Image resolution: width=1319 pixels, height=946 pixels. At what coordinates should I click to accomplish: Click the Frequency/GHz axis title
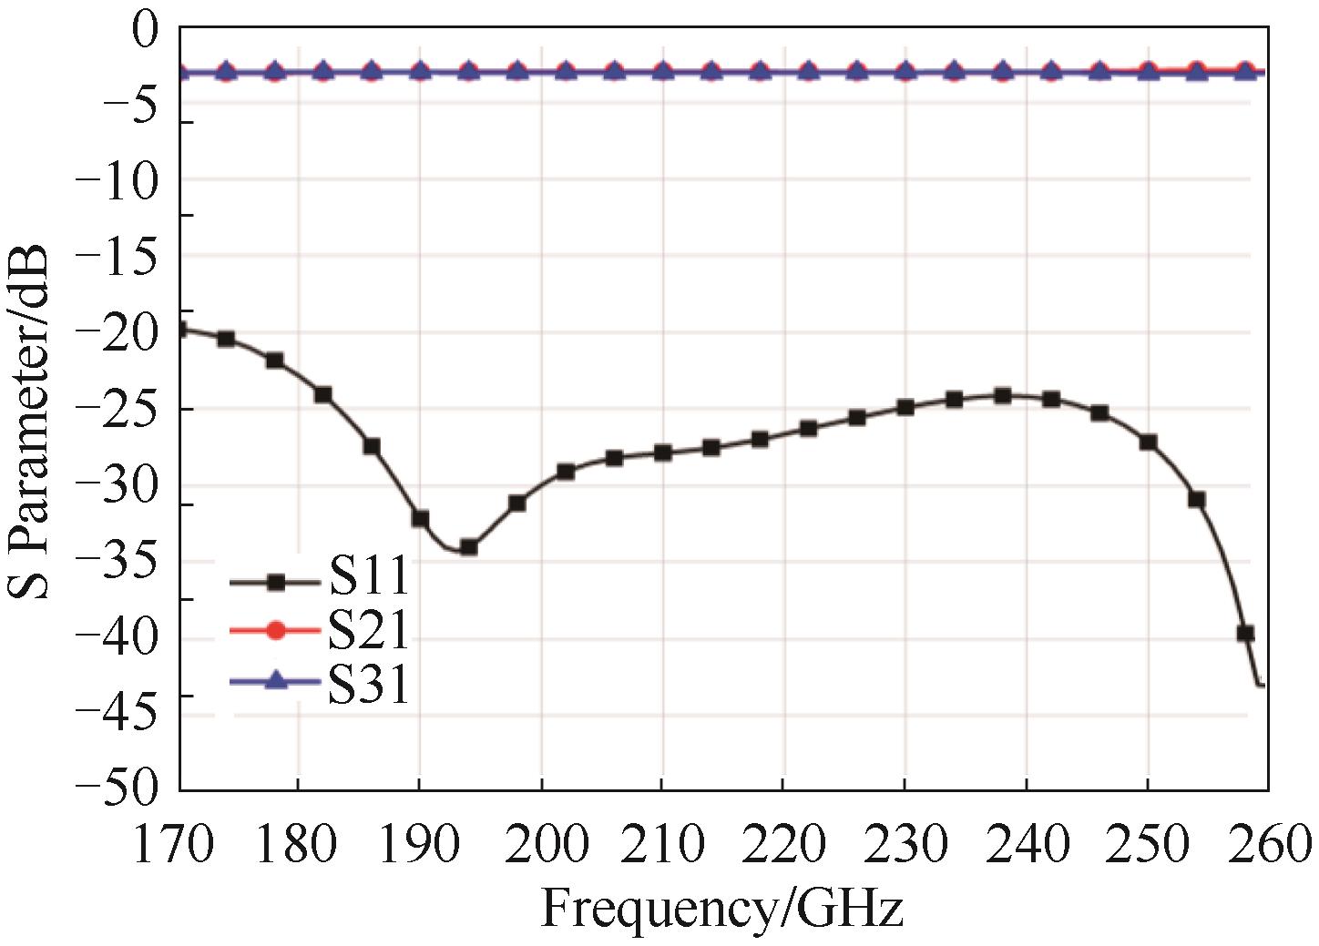[x=721, y=908]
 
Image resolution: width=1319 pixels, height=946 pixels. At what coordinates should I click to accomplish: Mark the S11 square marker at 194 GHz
[x=468, y=547]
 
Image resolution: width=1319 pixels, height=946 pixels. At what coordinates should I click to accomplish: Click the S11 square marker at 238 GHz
[x=1002, y=395]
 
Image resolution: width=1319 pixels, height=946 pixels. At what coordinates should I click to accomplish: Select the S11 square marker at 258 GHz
[x=1244, y=633]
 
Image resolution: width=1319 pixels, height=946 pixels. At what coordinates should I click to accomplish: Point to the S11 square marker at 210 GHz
[x=662, y=452]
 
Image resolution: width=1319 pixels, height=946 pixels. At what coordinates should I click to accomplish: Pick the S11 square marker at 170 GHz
[x=180, y=330]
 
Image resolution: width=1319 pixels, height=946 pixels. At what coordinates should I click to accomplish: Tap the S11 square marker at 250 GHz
[x=1148, y=442]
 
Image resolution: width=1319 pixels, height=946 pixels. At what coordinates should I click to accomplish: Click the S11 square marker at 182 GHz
[x=322, y=394]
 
